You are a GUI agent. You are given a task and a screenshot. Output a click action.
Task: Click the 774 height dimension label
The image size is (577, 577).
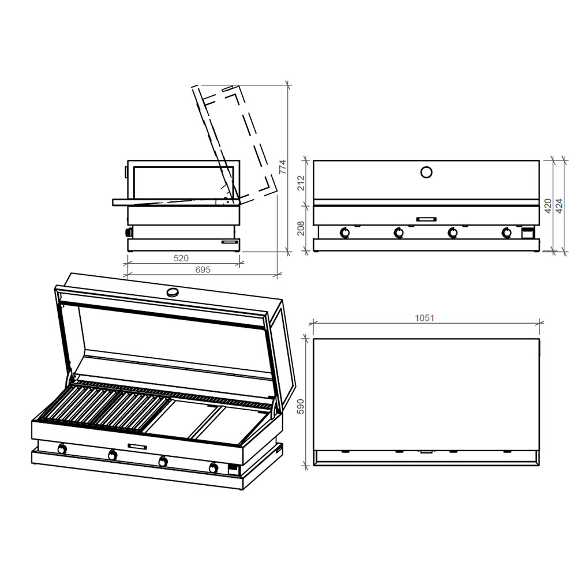[x=282, y=167]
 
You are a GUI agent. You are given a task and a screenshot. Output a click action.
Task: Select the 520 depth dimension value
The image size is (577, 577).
[x=181, y=258]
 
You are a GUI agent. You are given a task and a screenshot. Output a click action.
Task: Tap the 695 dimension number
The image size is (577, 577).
[x=203, y=269]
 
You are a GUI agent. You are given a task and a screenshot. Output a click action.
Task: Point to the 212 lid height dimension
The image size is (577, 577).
[x=301, y=183]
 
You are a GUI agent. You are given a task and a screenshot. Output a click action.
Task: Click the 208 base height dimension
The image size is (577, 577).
[x=301, y=228]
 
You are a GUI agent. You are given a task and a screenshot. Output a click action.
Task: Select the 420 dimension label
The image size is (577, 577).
[x=548, y=206]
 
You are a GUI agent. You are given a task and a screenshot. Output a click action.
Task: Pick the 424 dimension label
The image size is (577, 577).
[x=559, y=206]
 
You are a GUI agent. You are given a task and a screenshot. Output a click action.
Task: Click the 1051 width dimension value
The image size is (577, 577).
[x=425, y=318]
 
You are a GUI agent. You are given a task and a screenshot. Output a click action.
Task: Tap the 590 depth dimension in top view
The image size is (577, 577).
[x=301, y=406]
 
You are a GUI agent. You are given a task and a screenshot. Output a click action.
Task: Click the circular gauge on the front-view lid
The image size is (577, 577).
[x=426, y=172]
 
